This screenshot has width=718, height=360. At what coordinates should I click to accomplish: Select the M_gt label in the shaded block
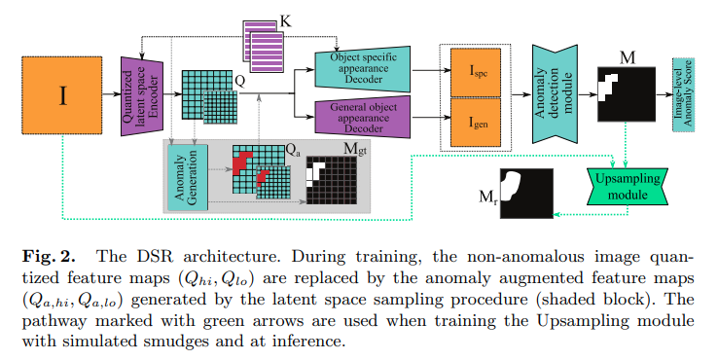355,150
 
